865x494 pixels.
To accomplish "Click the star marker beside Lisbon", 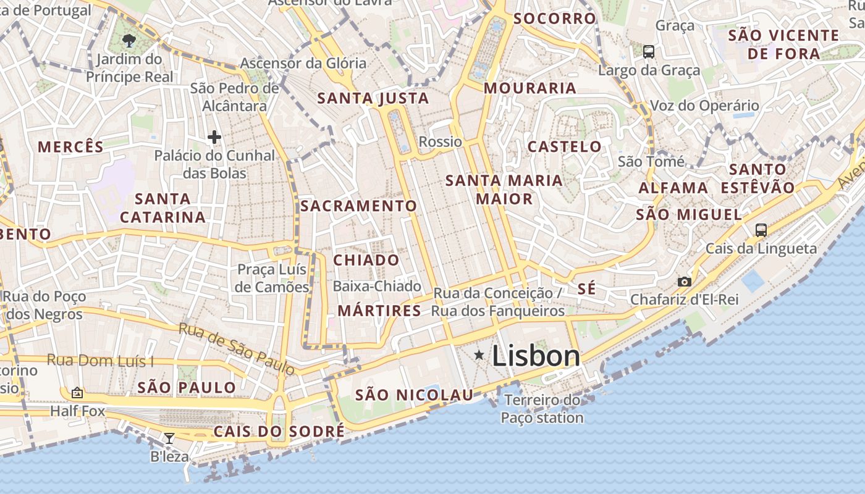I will click(479, 354).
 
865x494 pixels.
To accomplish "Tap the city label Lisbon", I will click(536, 356).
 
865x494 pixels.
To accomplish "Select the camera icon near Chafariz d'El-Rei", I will click(684, 282).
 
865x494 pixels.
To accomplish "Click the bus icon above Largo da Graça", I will click(648, 52).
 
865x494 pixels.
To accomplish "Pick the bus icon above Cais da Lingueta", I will click(761, 230).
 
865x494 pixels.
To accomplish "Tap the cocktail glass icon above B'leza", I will click(169, 438).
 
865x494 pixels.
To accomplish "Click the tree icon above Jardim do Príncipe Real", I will click(129, 41).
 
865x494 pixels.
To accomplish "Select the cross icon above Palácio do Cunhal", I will click(214, 136).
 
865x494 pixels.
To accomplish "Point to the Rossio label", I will click(440, 142).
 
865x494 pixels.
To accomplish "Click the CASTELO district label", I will click(564, 146).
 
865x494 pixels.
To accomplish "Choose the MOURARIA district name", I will click(530, 88).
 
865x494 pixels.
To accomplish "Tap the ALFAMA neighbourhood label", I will click(673, 188).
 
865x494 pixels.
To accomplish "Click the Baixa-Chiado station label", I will click(377, 287).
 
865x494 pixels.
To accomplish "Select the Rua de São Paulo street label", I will click(237, 348).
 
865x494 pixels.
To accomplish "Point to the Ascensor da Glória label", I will click(303, 63).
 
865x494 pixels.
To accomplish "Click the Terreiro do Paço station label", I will click(542, 409).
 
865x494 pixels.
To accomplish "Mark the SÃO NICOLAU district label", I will click(414, 395).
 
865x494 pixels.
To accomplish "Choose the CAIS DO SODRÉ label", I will click(279, 431).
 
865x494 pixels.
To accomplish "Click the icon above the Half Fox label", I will click(77, 392).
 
